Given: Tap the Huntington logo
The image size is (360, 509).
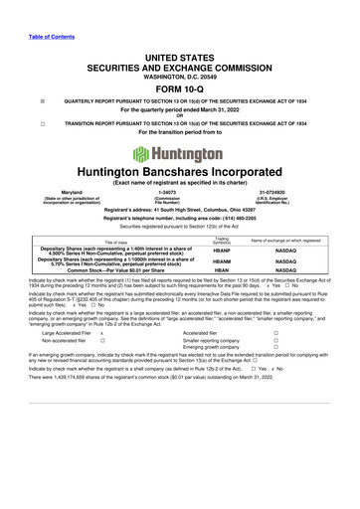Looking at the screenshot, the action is [x=180, y=155].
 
